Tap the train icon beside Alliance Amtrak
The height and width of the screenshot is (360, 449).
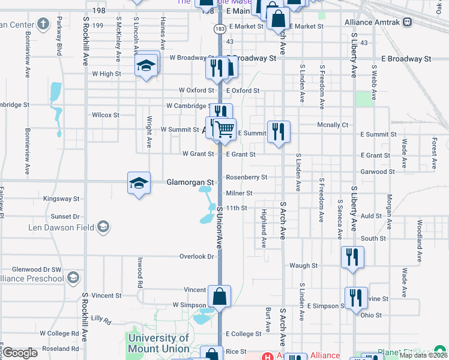(x=408, y=22)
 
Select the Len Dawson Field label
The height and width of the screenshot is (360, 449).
(x=61, y=227)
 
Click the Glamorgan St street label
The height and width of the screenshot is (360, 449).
(x=190, y=182)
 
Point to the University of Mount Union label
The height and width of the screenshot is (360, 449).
(x=158, y=343)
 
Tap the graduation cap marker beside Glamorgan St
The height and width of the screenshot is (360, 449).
(x=139, y=183)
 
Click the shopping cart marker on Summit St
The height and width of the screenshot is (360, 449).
(x=224, y=128)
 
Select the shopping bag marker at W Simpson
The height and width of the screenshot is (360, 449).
(x=220, y=297)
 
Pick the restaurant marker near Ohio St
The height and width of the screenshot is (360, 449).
(x=356, y=298)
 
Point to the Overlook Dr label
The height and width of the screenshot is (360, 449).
(x=197, y=256)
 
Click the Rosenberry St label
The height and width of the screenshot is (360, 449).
(x=246, y=178)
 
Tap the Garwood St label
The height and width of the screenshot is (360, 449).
(x=378, y=172)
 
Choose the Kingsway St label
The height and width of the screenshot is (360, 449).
(x=61, y=199)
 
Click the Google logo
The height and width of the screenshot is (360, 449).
(x=20, y=353)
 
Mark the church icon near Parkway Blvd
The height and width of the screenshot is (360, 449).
(x=43, y=25)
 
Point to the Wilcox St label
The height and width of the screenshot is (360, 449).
(x=106, y=115)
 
